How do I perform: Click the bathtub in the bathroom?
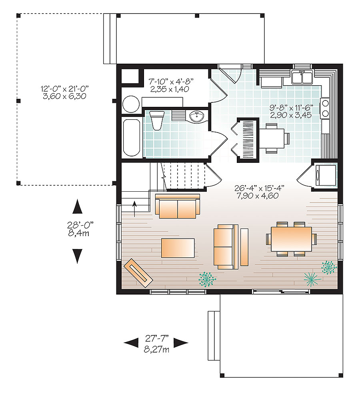tap(131, 138)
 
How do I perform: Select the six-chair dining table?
tap(291, 239)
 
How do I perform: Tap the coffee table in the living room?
tap(178, 248)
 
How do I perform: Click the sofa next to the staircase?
tap(178, 207)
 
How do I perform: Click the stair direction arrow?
tap(134, 208)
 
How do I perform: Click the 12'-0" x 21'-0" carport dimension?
tap(64, 92)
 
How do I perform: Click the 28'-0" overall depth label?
tap(77, 229)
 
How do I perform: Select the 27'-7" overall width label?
tap(156, 345)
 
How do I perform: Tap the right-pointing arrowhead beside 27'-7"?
tap(181, 342)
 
